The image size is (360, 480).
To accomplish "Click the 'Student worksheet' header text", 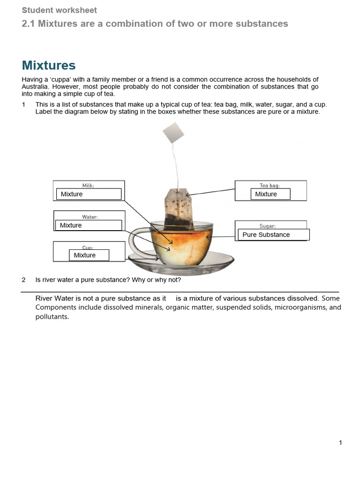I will pyautogui.click(x=60, y=10).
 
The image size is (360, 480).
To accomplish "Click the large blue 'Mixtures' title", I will pyautogui.click(x=49, y=65).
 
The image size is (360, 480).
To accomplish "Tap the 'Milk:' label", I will pyautogui.click(x=88, y=186).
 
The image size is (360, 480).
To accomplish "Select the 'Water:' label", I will pyautogui.click(x=90, y=217).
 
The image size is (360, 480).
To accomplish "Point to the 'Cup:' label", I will pyautogui.click(x=88, y=247).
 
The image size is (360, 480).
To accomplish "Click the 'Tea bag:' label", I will pyautogui.click(x=270, y=186).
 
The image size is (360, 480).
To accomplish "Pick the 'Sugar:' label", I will pyautogui.click(x=267, y=226).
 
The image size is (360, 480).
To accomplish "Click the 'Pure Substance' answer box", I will pyautogui.click(x=274, y=235).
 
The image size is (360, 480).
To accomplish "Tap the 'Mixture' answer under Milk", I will pyautogui.click(x=89, y=194).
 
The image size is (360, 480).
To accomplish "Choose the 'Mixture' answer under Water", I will pyautogui.click(x=88, y=225).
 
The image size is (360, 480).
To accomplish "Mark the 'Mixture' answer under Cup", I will pyautogui.click(x=89, y=255).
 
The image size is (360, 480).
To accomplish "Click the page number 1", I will pyautogui.click(x=340, y=442).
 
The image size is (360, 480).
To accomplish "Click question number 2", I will pyautogui.click(x=23, y=280).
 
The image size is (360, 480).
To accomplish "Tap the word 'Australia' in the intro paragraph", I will pyautogui.click(x=34, y=87).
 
